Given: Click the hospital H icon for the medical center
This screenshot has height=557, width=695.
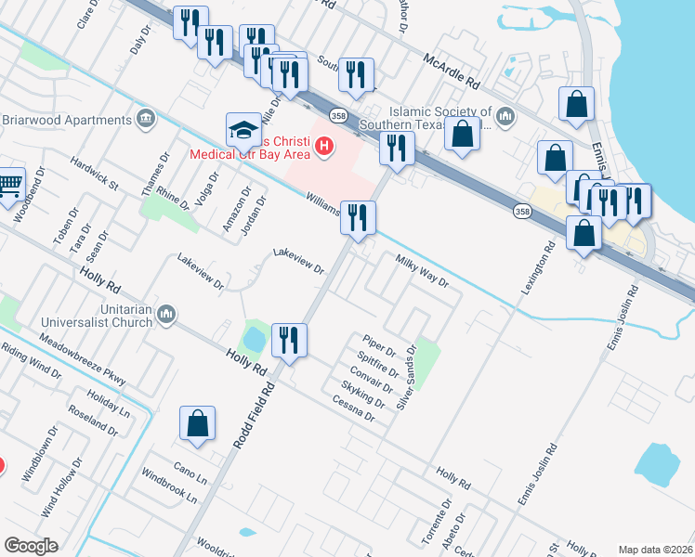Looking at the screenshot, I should pyautogui.click(x=323, y=145).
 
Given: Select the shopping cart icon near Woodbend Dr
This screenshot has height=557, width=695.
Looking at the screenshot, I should pyautogui.click(x=8, y=183).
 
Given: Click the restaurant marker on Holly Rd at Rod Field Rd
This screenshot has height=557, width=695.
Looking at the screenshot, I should pyautogui.click(x=289, y=340).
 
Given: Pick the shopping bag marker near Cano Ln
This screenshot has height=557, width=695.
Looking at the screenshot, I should pyautogui.click(x=198, y=423).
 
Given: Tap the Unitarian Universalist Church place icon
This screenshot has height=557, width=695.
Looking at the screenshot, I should pyautogui.click(x=167, y=315).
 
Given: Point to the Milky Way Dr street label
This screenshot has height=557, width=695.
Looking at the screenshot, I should pyautogui.click(x=423, y=272).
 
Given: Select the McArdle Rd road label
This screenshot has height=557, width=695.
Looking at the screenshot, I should pyautogui.click(x=452, y=71).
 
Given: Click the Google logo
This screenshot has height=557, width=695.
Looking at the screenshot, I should pyautogui.click(x=31, y=545).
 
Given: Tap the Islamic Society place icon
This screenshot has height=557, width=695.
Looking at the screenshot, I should pyautogui.click(x=505, y=116).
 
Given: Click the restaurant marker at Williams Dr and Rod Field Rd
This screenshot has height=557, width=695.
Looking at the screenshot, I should pyautogui.click(x=358, y=218).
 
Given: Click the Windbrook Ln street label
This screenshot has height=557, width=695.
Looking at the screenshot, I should pyautogui.click(x=170, y=486).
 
